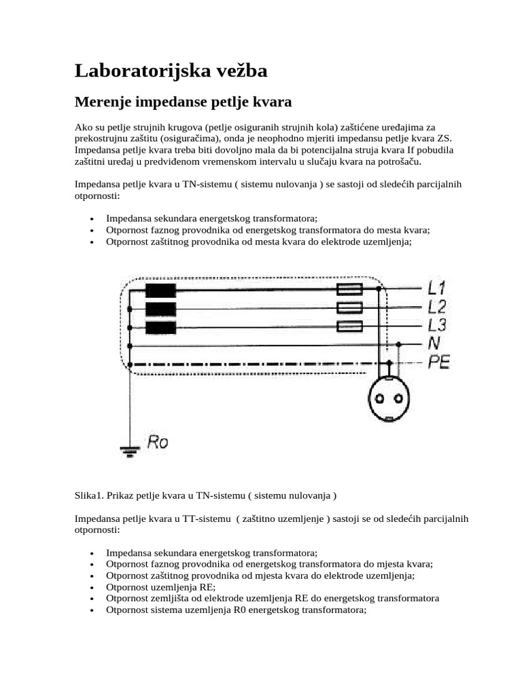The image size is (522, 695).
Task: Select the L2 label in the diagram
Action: pos(437,307)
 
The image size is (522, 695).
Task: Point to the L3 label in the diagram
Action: pos(437,325)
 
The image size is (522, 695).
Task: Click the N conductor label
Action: pos(434,344)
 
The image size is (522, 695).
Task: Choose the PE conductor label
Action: pos(438,362)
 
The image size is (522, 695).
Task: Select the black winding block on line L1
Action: pos(160,290)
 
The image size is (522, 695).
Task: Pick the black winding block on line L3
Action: pos(160,328)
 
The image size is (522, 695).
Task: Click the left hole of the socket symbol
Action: pos(380,398)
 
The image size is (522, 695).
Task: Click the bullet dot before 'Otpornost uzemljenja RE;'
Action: pos(92,587)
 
